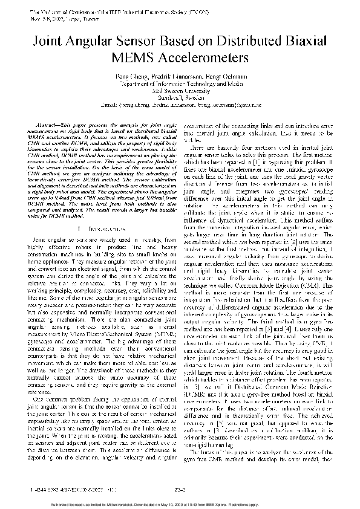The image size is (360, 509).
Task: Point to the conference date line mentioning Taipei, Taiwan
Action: [57, 19]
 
